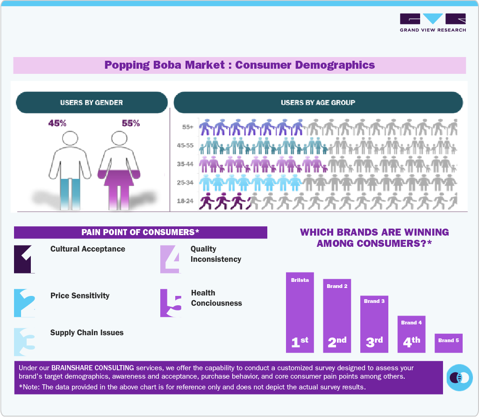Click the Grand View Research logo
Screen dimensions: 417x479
coord(433,22)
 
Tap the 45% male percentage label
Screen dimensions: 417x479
coord(57,123)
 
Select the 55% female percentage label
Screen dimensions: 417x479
coord(131,123)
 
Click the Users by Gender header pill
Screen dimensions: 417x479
coord(92,102)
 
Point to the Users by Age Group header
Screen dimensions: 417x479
coord(318,102)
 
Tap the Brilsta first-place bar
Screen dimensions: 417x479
coord(300,312)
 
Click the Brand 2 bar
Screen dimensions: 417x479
coord(337,316)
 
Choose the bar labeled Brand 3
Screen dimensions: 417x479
coord(374,324)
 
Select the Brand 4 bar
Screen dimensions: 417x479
coord(412,334)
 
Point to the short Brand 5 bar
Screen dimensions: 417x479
coord(449,343)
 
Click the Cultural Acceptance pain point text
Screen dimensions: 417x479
coord(88,249)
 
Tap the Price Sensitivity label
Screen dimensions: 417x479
coord(80,295)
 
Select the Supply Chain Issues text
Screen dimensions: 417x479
coord(87,332)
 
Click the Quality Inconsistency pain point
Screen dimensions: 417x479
coord(216,254)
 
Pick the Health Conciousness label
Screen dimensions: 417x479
coord(216,298)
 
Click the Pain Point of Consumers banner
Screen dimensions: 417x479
coord(140,232)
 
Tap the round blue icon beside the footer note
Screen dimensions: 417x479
coord(459,377)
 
